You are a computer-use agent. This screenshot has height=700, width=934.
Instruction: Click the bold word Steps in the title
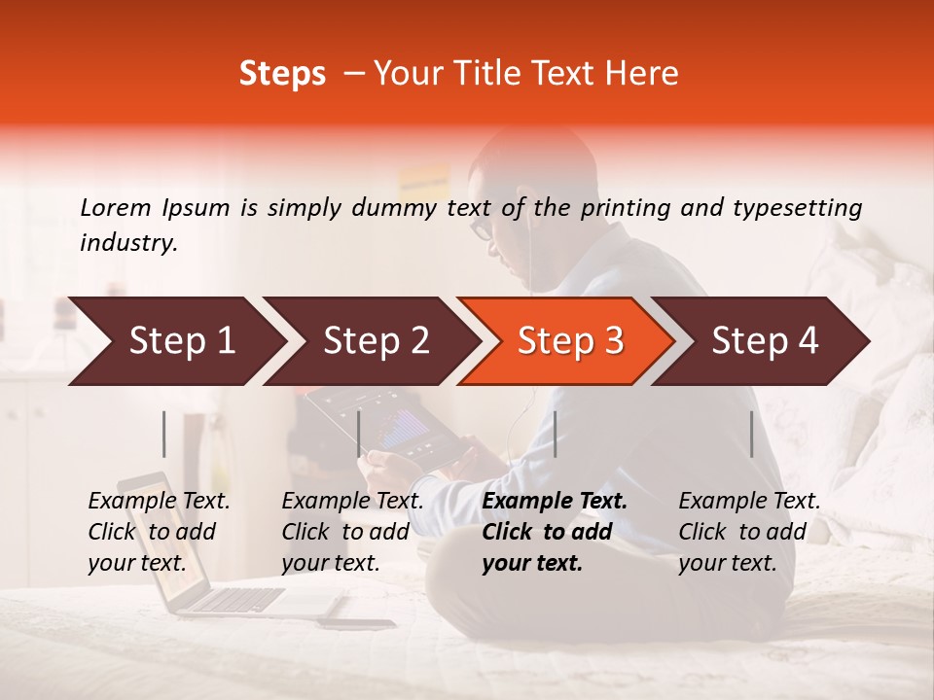282,74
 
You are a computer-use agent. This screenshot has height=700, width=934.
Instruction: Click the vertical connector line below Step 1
164,434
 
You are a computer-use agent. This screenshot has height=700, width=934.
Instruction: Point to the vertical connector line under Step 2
359,434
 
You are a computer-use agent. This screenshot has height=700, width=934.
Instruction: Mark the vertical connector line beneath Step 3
555,434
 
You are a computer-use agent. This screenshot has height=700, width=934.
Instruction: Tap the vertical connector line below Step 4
751,434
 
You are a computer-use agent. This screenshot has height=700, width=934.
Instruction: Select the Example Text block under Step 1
159,532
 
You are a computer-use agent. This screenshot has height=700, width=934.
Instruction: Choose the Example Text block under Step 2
352,532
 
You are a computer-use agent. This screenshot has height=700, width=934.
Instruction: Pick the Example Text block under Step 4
749,532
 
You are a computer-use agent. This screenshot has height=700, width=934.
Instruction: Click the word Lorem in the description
116,207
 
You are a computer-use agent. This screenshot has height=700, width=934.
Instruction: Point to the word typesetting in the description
797,208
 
